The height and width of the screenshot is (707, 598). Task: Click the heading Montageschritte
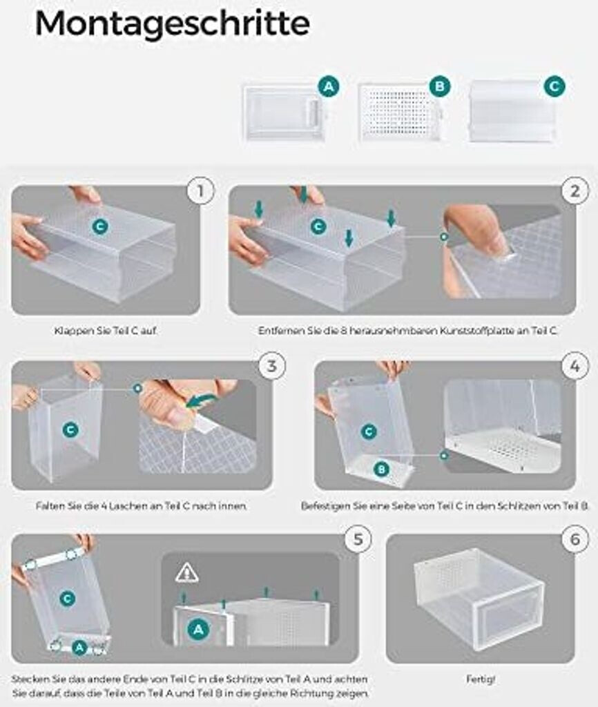(x=172, y=23)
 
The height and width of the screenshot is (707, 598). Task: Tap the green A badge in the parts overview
(x=329, y=86)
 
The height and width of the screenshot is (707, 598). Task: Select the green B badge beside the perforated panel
(x=440, y=86)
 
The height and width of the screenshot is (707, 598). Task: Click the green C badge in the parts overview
(x=554, y=86)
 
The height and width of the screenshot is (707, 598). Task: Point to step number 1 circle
(x=201, y=191)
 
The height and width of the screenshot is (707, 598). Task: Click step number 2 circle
(x=575, y=191)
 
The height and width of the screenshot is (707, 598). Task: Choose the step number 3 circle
(x=271, y=366)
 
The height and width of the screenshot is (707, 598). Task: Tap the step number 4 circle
(x=575, y=366)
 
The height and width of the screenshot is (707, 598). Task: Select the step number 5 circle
(x=358, y=539)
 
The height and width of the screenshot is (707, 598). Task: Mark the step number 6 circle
(x=575, y=539)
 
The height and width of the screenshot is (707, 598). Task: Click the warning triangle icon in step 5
(x=186, y=573)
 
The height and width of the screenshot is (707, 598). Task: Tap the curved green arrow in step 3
(x=201, y=400)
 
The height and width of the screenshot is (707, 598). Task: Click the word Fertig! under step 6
(x=481, y=679)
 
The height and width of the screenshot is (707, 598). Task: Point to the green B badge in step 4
(x=382, y=469)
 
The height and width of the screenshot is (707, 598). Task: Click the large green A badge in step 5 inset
(x=198, y=628)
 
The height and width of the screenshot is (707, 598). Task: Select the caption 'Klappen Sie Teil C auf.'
(x=106, y=331)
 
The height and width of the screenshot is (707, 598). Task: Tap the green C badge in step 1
(x=100, y=226)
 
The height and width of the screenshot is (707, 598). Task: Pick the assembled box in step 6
(x=479, y=598)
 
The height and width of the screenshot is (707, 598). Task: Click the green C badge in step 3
(x=70, y=429)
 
